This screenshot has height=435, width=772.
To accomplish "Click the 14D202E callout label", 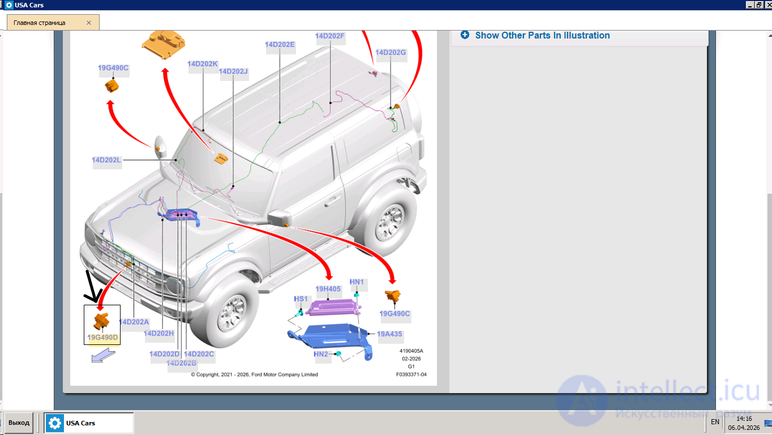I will [x=280, y=45].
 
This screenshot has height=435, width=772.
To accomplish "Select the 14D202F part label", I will [x=330, y=36].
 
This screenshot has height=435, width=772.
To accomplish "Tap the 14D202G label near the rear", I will [x=391, y=53].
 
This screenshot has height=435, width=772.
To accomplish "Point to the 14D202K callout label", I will [x=203, y=64].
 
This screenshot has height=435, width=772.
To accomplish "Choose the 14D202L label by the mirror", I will [x=107, y=160].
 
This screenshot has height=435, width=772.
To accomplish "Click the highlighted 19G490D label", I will [x=102, y=338].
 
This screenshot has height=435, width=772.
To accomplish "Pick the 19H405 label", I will [x=328, y=289].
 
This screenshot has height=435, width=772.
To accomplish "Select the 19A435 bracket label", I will [x=389, y=334].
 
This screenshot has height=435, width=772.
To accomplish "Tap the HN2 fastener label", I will [x=321, y=354].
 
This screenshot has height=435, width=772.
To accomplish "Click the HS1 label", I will [x=301, y=299].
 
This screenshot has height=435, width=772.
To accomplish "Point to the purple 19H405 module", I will [x=333, y=308].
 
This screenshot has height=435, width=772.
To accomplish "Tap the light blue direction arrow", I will [x=103, y=356].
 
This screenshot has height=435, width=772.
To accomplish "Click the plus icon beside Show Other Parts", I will [x=465, y=35].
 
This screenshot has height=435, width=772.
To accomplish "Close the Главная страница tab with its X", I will [x=89, y=23].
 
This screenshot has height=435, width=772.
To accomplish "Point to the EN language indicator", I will [x=715, y=422].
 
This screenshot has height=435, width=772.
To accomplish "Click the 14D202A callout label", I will [x=134, y=322].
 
